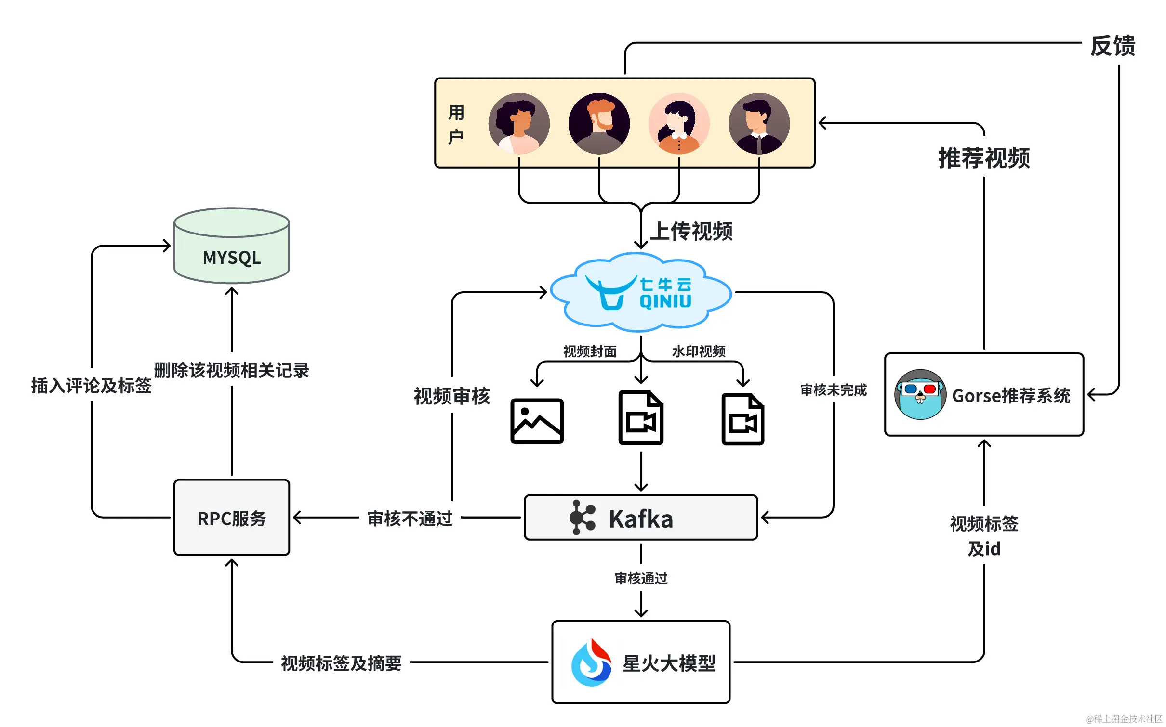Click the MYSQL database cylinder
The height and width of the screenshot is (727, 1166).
click(x=232, y=247)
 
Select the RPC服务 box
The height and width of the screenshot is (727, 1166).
click(x=232, y=518)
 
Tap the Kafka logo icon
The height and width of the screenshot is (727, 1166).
click(x=582, y=518)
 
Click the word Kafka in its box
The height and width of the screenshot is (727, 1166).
click(x=641, y=519)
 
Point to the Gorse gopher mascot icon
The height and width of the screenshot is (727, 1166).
click(x=920, y=395)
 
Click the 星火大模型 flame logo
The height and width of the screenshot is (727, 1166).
click(x=591, y=662)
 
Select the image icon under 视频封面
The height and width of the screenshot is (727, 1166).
click(x=537, y=421)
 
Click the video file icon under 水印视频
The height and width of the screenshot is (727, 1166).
click(x=742, y=419)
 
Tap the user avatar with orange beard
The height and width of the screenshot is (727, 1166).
click(x=599, y=124)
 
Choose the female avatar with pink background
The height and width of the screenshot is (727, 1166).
click(x=679, y=124)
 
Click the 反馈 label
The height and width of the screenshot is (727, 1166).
click(x=1113, y=46)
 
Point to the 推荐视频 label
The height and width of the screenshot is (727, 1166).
click(x=984, y=158)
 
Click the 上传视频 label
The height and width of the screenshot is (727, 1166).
click(x=691, y=232)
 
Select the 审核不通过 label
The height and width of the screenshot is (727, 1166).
click(x=410, y=519)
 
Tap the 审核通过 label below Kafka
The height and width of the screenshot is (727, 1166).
click(x=641, y=578)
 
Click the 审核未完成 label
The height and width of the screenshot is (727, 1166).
click(x=833, y=390)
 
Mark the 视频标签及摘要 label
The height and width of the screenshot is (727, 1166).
click(x=341, y=663)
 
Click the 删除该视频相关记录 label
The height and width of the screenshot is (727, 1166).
click(x=232, y=370)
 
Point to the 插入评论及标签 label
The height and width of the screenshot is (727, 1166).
click(x=92, y=386)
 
